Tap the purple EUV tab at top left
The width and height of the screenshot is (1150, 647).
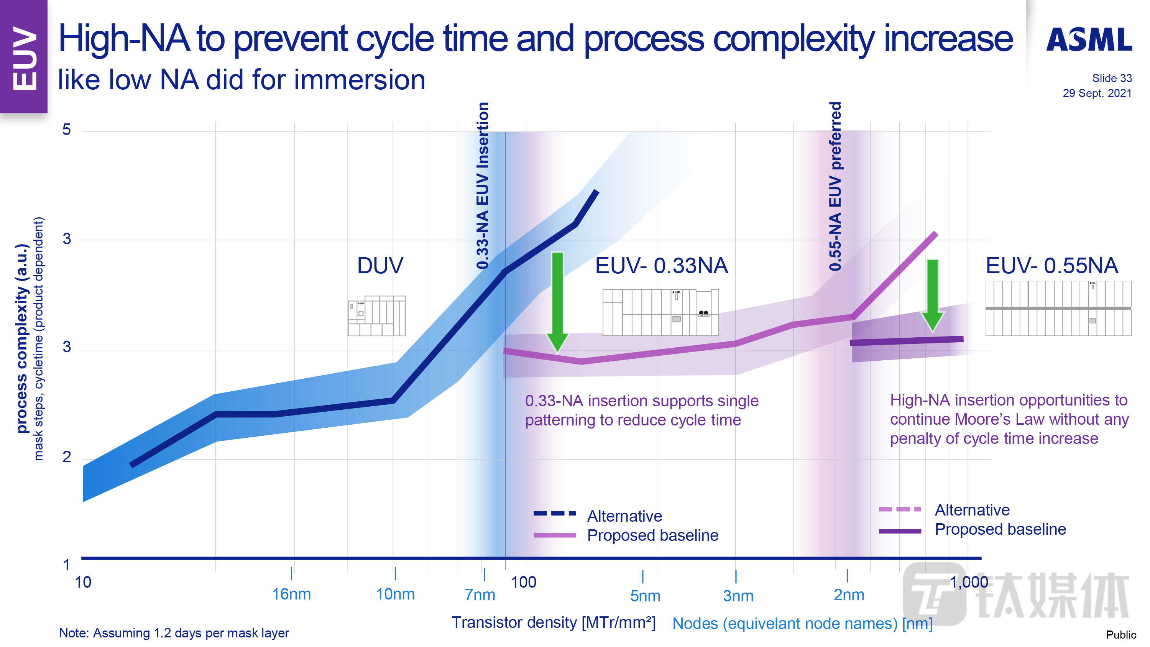24,57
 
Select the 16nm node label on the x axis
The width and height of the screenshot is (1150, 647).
291,594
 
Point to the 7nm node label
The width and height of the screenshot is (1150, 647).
480,594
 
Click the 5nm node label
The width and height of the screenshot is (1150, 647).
645,596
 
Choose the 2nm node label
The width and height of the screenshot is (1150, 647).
849,595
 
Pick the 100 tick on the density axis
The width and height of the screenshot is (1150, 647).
523,582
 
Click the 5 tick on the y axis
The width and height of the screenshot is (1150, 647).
67,130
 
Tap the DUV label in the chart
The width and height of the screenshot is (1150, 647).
380,266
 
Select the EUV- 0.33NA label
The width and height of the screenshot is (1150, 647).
661,266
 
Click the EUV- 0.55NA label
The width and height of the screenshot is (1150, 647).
1051,266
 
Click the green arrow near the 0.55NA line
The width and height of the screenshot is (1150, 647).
932,295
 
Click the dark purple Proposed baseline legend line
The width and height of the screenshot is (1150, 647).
900,531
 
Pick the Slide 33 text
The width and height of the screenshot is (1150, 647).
1112,78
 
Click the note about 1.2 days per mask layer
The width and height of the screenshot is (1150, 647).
174,633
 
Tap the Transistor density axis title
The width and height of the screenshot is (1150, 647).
553,622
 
